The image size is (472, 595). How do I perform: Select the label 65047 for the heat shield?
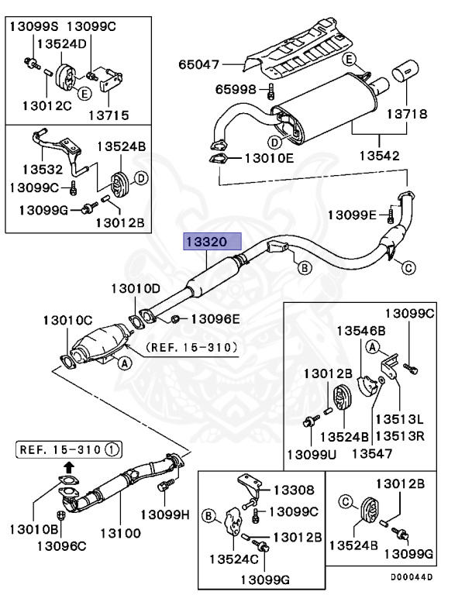[x=199, y=65]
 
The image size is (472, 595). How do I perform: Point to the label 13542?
[x=378, y=155]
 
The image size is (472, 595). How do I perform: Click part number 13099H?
[x=165, y=514]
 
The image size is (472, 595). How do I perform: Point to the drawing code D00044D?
[x=412, y=577]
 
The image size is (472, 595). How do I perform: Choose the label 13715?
[x=108, y=115]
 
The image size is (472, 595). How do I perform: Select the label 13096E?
[x=215, y=318]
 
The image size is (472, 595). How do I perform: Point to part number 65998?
[x=236, y=90]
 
